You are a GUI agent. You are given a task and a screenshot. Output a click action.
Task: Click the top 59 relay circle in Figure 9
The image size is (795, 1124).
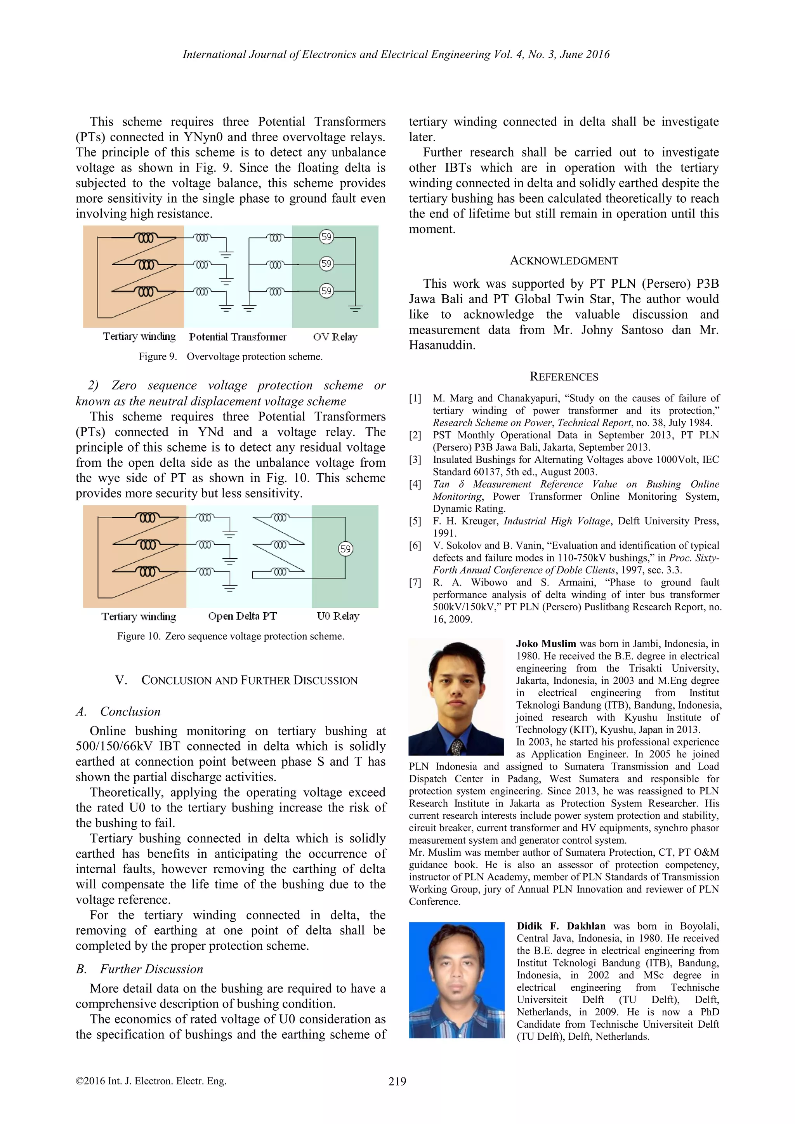tap(326, 237)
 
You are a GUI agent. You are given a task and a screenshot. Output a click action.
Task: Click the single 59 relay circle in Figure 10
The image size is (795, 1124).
tap(345, 549)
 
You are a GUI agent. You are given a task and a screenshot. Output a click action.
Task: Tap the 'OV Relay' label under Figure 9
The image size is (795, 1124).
tap(335, 337)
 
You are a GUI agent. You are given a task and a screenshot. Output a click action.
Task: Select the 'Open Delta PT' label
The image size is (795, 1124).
tap(242, 616)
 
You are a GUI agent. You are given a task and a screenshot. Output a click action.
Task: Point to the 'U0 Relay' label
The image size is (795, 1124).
tap(338, 616)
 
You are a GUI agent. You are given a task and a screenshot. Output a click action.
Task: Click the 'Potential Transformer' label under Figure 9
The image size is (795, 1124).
tap(238, 337)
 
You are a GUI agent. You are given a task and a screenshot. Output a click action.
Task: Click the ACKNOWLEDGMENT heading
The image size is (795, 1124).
tap(564, 261)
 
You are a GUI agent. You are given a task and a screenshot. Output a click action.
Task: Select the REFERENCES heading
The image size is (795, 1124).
tap(564, 377)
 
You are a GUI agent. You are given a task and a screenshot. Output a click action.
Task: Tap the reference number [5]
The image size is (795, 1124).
tap(415, 521)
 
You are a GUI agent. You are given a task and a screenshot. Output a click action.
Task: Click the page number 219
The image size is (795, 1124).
tap(397, 1081)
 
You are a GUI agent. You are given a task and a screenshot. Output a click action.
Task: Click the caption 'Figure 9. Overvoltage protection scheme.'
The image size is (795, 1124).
tap(231, 356)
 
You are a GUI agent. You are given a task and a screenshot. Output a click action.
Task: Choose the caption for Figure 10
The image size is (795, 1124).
tap(231, 636)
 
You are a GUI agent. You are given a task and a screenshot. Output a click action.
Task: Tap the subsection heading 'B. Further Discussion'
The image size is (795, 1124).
tap(139, 969)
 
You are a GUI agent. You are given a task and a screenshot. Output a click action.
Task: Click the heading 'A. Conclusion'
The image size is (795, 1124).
tap(118, 711)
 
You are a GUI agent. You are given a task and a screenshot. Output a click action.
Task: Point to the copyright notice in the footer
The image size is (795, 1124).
tap(151, 1081)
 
